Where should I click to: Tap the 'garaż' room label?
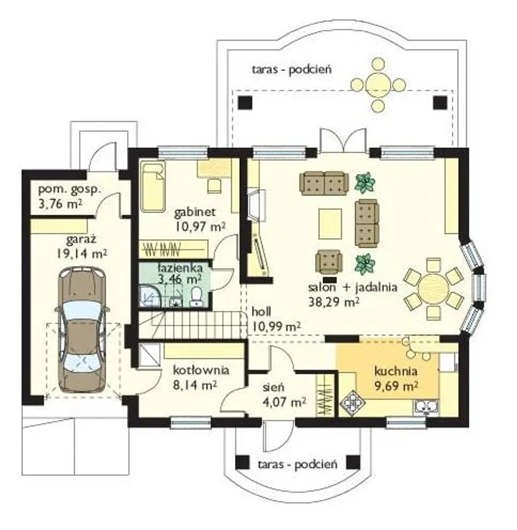pos(82,240)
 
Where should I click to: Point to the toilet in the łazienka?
pos(196,297)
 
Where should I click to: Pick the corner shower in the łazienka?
pos(151,297)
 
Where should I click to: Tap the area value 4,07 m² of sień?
pos(284,401)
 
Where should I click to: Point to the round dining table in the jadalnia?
pos(433,289)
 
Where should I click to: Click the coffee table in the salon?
pos(330,224)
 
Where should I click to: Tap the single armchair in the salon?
pos(329,261)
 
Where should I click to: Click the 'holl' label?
pos(261,312)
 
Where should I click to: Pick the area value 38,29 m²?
pos(334,302)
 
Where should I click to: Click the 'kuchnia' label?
pos(396,371)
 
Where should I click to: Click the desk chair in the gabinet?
pos(214,186)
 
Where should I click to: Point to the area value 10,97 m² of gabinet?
pos(200,226)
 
